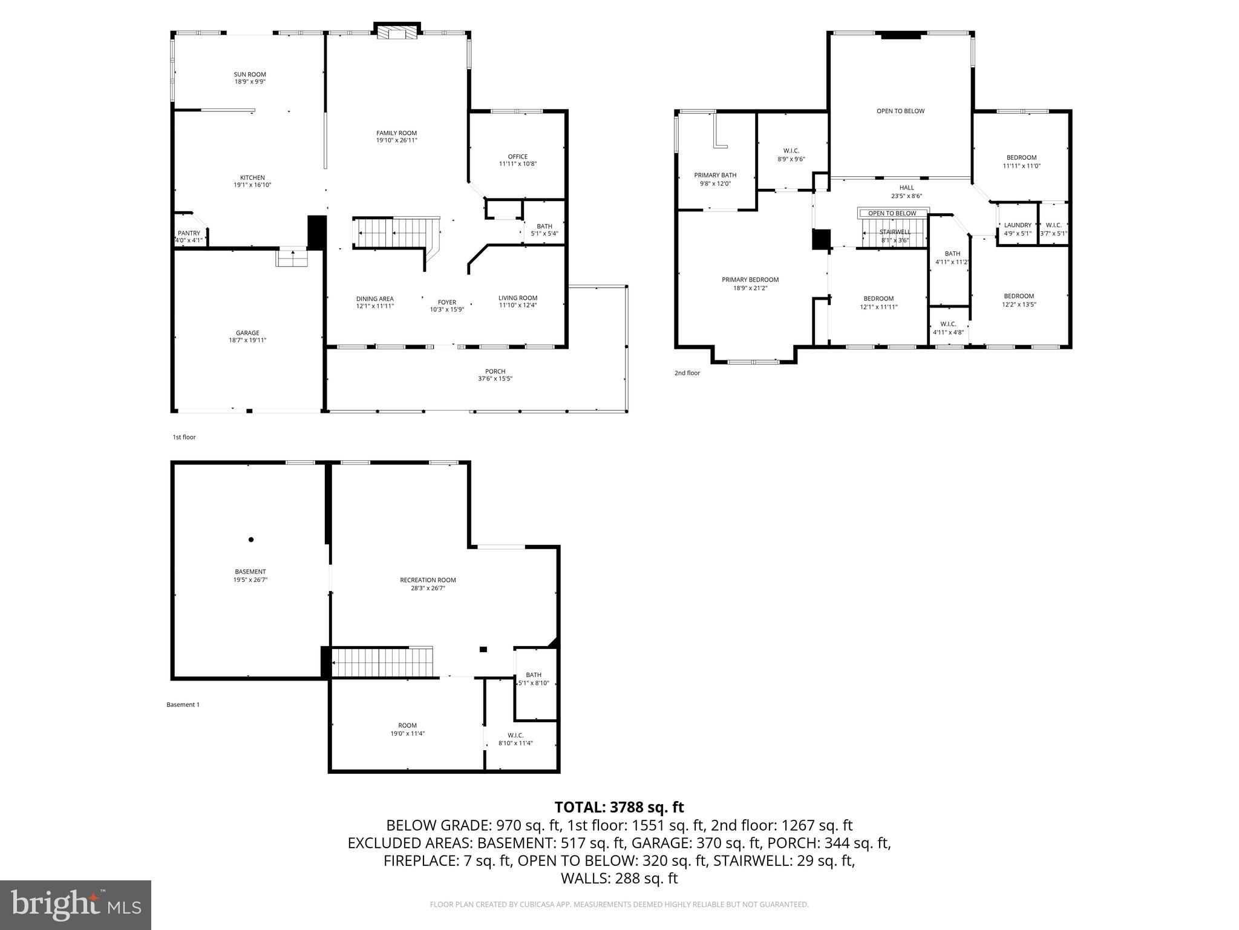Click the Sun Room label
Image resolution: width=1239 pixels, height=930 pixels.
pyautogui.click(x=250, y=74)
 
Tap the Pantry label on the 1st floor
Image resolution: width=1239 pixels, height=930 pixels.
pyautogui.click(x=189, y=233)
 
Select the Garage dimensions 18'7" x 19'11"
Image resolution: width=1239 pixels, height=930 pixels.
pyautogui.click(x=247, y=340)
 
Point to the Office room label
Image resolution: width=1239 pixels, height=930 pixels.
pyautogui.click(x=517, y=156)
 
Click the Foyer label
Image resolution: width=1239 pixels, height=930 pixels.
pyautogui.click(x=446, y=302)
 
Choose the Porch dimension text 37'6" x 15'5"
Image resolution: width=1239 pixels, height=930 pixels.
pyautogui.click(x=495, y=379)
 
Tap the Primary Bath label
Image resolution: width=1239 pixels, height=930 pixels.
pyautogui.click(x=715, y=175)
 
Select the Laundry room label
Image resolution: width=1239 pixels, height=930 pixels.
pyautogui.click(x=1018, y=225)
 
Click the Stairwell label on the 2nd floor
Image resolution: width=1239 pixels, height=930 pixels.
pyautogui.click(x=894, y=232)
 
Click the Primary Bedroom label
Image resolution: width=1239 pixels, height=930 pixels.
pyautogui.click(x=750, y=280)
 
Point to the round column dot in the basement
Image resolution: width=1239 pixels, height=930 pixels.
pyautogui.click(x=251, y=539)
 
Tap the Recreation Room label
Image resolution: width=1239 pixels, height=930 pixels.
pyautogui.click(x=428, y=580)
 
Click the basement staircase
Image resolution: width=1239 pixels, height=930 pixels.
pyautogui.click(x=383, y=662)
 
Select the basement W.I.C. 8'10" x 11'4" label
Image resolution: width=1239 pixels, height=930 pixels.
pyautogui.click(x=515, y=739)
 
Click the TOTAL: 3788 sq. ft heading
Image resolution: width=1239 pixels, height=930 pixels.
pyautogui.click(x=619, y=807)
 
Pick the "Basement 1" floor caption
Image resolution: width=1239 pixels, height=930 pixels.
pyautogui.click(x=183, y=705)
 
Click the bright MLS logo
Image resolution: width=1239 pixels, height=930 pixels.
pyautogui.click(x=76, y=905)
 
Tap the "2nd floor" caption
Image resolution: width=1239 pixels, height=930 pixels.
pyautogui.click(x=687, y=373)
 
